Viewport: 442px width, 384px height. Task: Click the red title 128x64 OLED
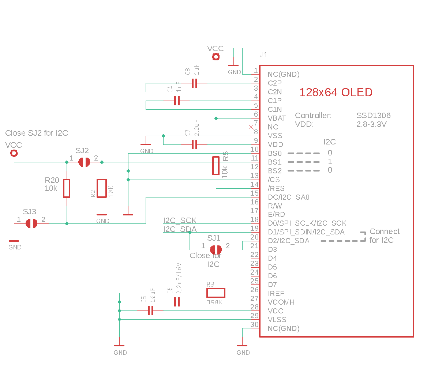coord(336,93)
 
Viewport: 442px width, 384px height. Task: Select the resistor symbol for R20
coord(67,188)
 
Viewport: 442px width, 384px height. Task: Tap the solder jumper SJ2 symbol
coord(84,162)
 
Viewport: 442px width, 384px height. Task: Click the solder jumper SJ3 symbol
coord(31,223)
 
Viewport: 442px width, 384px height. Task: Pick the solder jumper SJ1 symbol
coord(216,250)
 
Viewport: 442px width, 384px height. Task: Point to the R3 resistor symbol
coord(216,293)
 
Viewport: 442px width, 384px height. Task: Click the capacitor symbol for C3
coord(195,83)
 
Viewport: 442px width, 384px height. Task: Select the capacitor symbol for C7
coord(195,145)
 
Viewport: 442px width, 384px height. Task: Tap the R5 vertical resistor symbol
coord(216,166)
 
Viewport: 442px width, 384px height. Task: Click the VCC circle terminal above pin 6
coord(216,57)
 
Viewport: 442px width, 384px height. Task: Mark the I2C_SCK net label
coord(180,221)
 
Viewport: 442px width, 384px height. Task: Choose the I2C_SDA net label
coord(180,229)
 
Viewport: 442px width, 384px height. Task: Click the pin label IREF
coord(276,293)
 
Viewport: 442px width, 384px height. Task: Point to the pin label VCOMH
coord(281,302)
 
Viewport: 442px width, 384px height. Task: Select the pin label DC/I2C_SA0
coord(289,197)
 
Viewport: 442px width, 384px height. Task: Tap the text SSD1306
coord(373,116)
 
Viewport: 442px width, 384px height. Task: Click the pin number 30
coord(254,324)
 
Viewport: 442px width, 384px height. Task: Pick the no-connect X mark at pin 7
coord(251,127)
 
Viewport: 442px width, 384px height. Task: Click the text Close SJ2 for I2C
coord(37,133)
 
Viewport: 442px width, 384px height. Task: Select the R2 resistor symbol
coord(102,188)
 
